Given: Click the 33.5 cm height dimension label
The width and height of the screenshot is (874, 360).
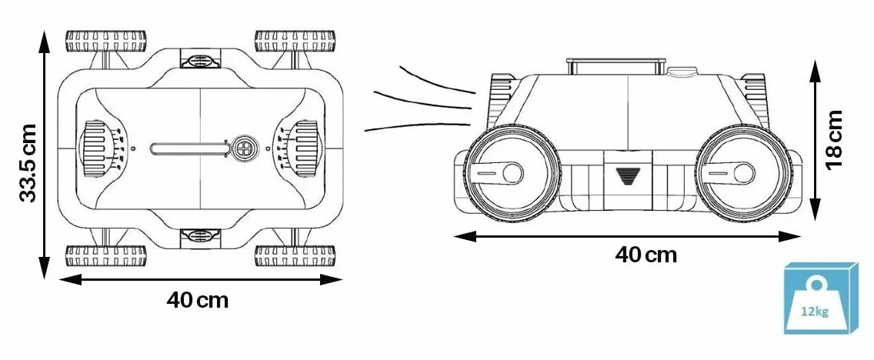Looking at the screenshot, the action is point(28,163).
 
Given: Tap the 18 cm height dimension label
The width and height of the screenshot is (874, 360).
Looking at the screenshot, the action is point(834,139).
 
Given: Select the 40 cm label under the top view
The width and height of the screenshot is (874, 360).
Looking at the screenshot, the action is point(197,300).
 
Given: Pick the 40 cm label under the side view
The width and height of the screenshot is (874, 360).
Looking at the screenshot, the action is point(646,255).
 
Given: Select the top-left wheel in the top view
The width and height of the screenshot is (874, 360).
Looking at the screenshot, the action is point(106,41).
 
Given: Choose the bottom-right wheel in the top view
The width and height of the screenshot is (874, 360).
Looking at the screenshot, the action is point(295,256).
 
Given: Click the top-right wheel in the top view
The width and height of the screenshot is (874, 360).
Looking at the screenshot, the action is point(295,41).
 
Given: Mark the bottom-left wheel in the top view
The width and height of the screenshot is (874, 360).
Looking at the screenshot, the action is point(106,256).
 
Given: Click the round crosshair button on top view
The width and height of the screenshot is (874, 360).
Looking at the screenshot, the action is point(245,148).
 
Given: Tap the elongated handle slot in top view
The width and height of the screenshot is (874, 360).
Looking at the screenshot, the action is point(189,148).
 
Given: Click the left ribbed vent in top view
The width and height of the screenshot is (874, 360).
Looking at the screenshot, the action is point(94,148).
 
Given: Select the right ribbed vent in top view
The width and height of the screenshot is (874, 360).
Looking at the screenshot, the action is point(305,148).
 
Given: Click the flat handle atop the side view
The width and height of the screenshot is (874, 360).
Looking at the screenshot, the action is point(616,65).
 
